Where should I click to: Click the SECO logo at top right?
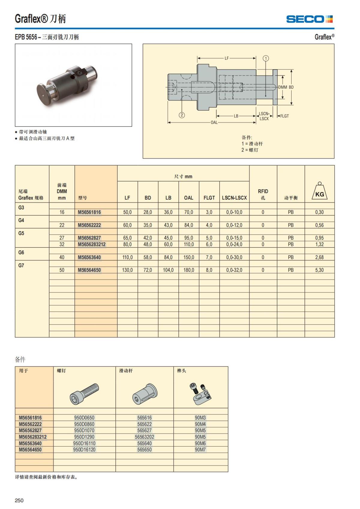(x=309, y=19)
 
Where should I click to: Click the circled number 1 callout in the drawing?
(x=265, y=58)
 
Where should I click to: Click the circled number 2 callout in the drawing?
(x=182, y=115)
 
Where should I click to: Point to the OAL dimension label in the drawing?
(x=214, y=122)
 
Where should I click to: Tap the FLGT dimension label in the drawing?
(x=284, y=116)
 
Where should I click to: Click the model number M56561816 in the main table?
(x=89, y=212)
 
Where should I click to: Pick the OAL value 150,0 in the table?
(x=189, y=257)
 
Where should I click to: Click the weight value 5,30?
(x=319, y=270)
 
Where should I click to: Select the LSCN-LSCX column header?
(x=234, y=198)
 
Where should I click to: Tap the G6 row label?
(x=21, y=253)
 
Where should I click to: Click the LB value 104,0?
(x=168, y=270)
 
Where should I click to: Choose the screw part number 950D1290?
(x=84, y=437)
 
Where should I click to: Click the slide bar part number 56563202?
(x=144, y=437)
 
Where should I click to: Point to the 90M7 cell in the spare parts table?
(x=200, y=449)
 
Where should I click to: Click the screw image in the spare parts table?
(x=85, y=394)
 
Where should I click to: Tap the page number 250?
(x=19, y=500)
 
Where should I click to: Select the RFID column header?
(x=263, y=194)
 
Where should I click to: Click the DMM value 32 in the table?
(x=62, y=244)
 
